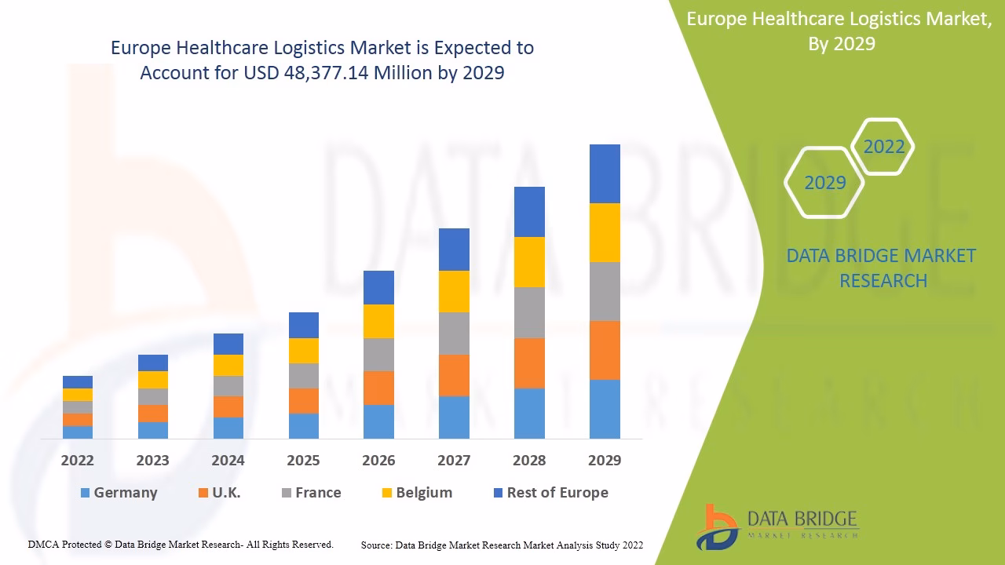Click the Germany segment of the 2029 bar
tap(605, 409)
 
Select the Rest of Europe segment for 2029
tap(605, 173)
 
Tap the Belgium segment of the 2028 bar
tap(529, 262)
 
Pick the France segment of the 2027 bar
tap(454, 334)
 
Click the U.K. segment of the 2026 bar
tap(378, 388)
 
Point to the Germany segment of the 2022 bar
tap(78, 432)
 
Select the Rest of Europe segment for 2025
tap(304, 325)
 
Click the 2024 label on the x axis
tap(228, 461)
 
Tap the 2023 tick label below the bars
tap(152, 461)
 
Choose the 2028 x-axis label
tap(529, 461)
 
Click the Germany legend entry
tap(119, 493)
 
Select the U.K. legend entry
tap(220, 493)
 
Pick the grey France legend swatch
tap(287, 493)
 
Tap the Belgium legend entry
tap(417, 493)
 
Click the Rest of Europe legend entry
tap(550, 493)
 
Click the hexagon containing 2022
tap(883, 147)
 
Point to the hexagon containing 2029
tap(824, 183)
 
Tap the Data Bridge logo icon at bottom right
tap(717, 527)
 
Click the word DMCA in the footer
tap(43, 545)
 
